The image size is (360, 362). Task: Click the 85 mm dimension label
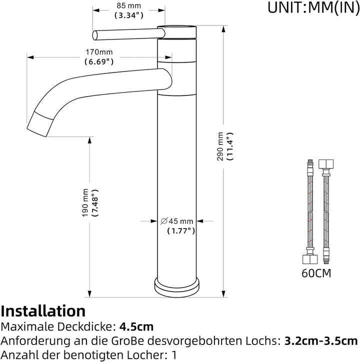coord(128,5)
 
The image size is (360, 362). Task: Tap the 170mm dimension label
coord(99,52)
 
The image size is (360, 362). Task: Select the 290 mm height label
coord(220,146)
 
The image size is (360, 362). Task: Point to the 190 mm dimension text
coord(85,203)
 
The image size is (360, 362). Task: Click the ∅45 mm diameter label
coord(176,221)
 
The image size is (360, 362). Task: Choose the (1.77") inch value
coord(181,230)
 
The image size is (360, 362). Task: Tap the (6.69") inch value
coord(99,61)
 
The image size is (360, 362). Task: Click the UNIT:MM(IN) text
coord(313,7)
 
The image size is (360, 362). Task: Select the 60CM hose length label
coord(316,273)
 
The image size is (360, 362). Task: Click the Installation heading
coord(43,311)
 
